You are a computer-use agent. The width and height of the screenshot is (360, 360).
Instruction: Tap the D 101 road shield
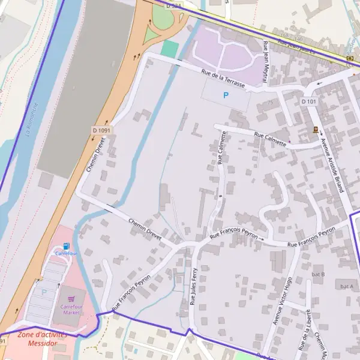coord(308,102)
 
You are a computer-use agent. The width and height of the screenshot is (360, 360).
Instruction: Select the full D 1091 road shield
coord(101,130)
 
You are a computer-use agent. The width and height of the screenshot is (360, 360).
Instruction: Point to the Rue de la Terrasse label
coord(224,79)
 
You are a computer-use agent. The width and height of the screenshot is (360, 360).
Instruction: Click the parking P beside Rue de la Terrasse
coord(226,95)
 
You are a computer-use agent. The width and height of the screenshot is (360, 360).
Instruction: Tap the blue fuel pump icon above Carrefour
coord(66,246)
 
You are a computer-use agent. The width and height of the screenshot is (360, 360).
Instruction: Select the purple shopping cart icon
coord(71,298)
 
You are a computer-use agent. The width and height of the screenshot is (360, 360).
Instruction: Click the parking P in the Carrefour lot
coord(43,292)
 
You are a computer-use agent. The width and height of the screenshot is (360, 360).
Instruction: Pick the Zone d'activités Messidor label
coord(37,339)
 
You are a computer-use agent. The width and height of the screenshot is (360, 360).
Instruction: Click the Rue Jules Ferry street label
coord(193,287)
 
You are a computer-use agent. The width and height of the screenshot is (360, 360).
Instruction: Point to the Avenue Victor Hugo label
coord(282,301)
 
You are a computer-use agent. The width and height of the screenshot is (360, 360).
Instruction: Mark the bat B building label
coord(318,274)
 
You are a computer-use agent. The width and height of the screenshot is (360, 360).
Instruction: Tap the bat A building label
coord(346,286)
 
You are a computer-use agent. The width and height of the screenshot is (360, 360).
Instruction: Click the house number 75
coord(271,103)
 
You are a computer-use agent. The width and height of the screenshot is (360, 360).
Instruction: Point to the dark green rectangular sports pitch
coord(170,49)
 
